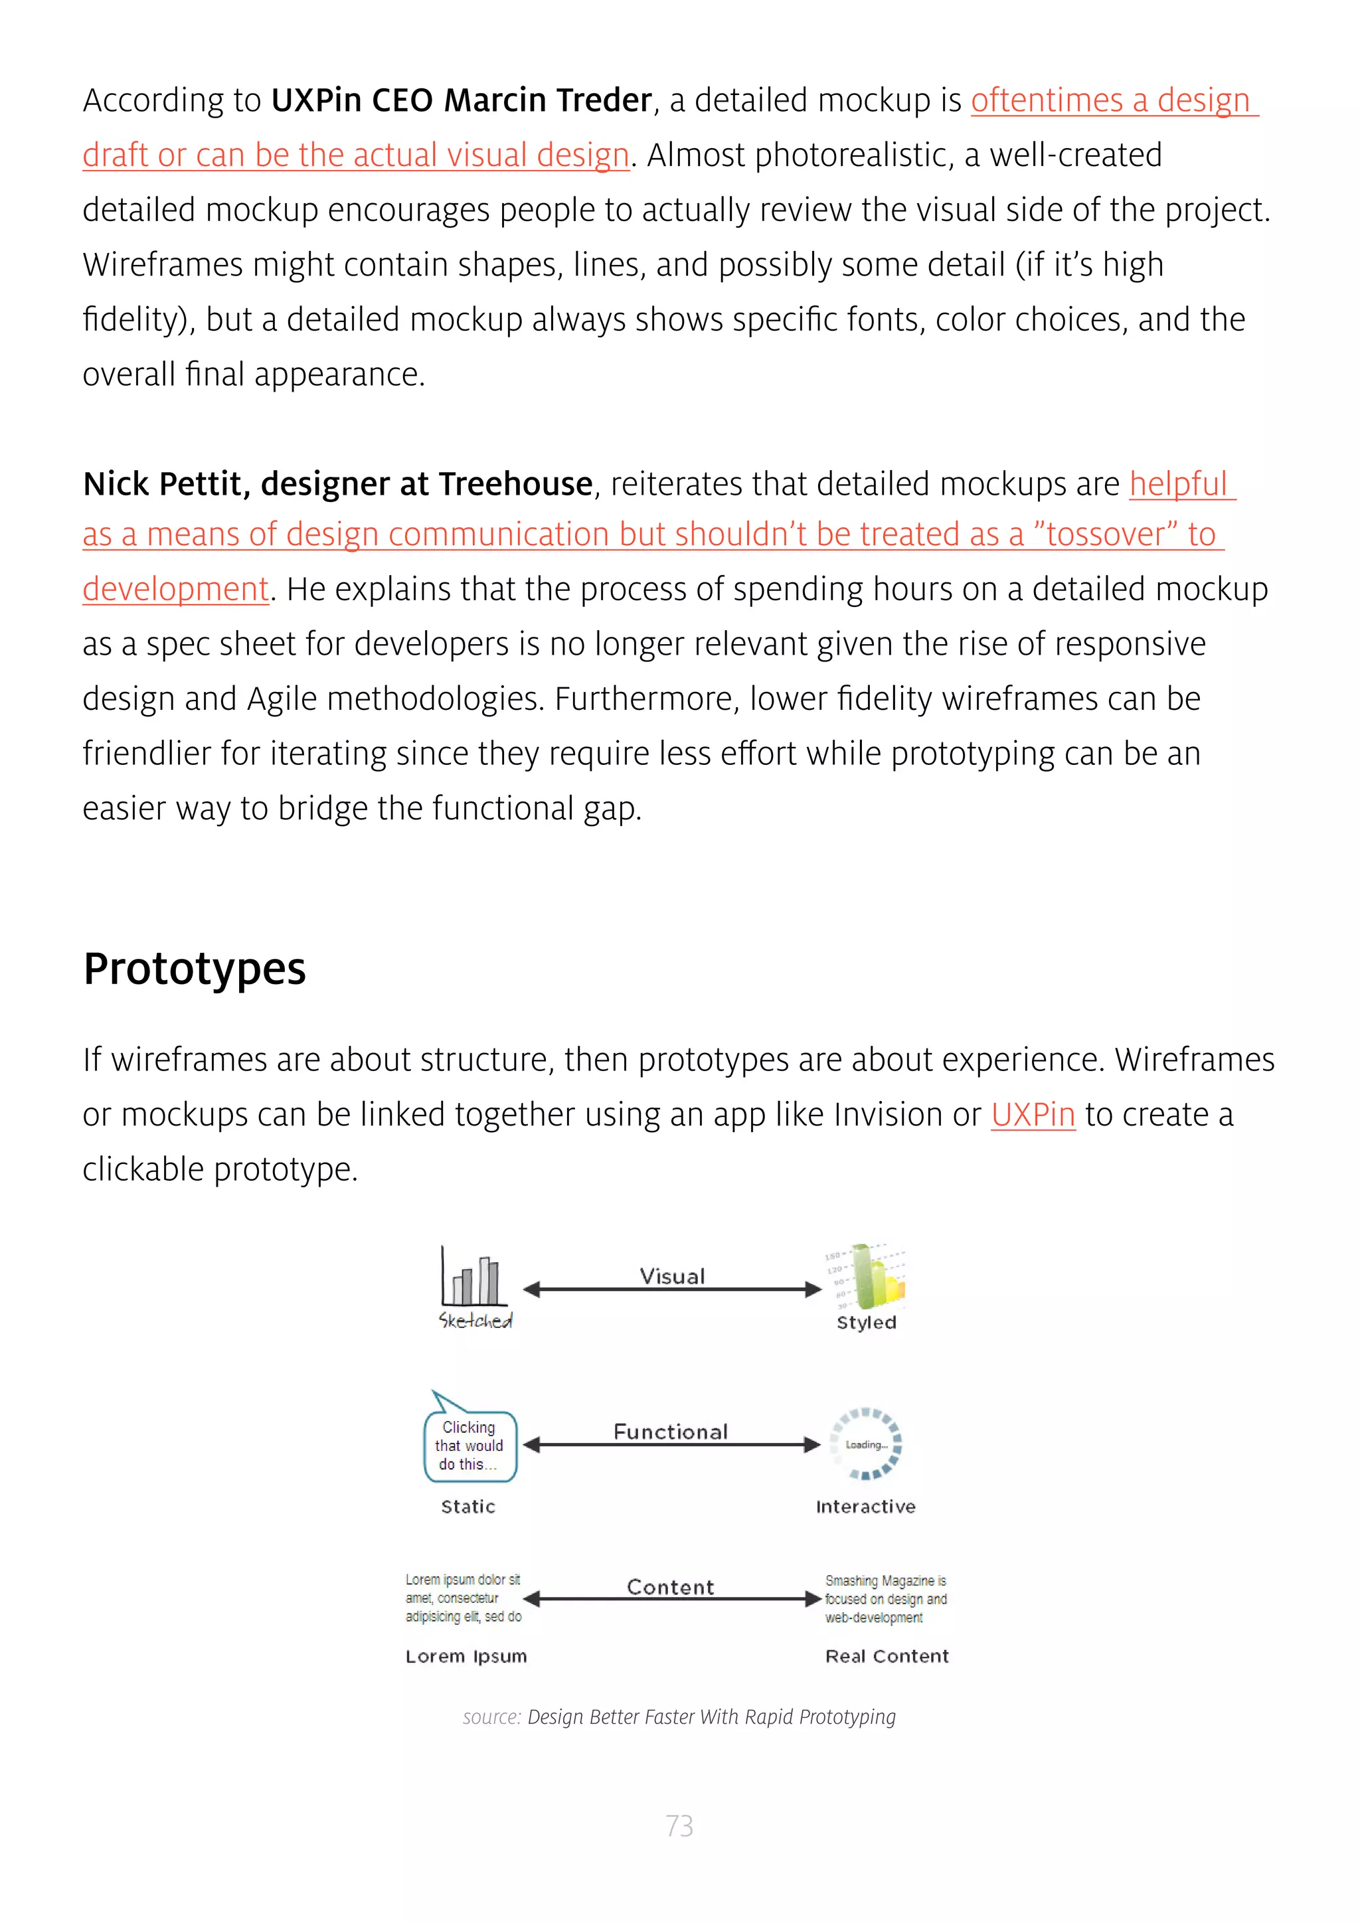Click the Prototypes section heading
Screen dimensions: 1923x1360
(195, 969)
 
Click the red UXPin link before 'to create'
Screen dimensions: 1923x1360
(1032, 1115)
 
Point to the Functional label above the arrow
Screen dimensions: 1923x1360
(670, 1432)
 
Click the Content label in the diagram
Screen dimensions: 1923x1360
(670, 1587)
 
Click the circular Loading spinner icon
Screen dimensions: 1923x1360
(866, 1444)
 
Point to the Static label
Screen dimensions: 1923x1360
(468, 1507)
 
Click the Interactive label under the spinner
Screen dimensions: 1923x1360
(865, 1507)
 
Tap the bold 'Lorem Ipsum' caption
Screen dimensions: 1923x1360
(466, 1656)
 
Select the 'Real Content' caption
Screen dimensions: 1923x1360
(887, 1656)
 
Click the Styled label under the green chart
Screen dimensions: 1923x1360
(866, 1323)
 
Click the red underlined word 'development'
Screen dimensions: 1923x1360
(175, 589)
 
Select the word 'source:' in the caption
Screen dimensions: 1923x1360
(491, 1717)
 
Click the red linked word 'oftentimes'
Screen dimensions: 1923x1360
(1046, 100)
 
